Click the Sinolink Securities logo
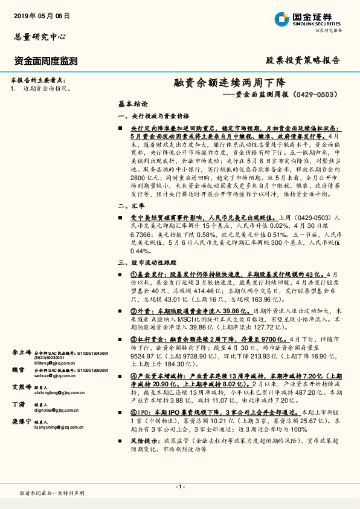pyautogui.click(x=309, y=19)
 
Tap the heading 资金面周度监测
pyautogui.click(x=45, y=60)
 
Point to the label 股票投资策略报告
pyautogui.click(x=303, y=60)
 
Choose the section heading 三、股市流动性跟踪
pyautogui.click(x=147, y=263)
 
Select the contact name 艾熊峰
pyautogui.click(x=22, y=386)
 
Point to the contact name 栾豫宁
pyautogui.click(x=22, y=421)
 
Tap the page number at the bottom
pyautogui.click(x=180, y=487)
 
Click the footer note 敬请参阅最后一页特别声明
pyautogui.click(x=52, y=493)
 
